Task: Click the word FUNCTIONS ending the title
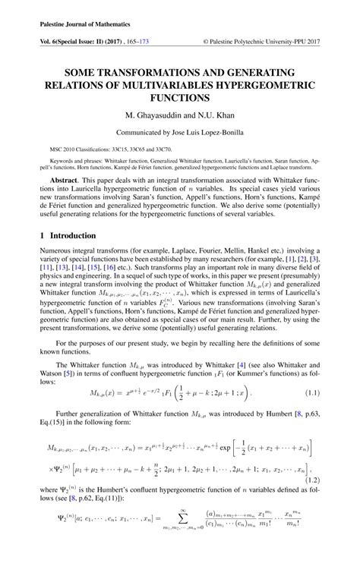pos(180,97)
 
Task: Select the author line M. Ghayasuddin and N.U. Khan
pos(180,115)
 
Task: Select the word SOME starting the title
pos(84,67)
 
